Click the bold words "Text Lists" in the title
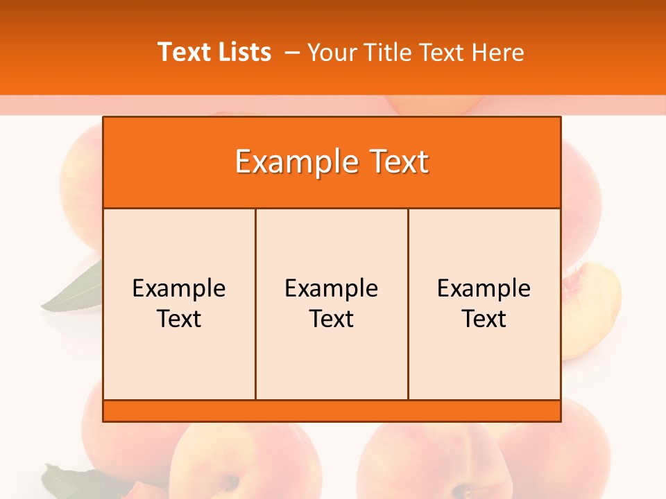coord(214,52)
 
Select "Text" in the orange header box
coord(395,162)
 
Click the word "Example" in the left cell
coord(179,288)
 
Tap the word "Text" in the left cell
coord(179,319)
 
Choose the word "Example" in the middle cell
coord(332,288)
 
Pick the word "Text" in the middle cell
coord(332,319)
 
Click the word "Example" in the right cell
coord(484,288)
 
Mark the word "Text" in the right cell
coord(484,319)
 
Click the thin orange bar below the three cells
coord(332,411)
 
